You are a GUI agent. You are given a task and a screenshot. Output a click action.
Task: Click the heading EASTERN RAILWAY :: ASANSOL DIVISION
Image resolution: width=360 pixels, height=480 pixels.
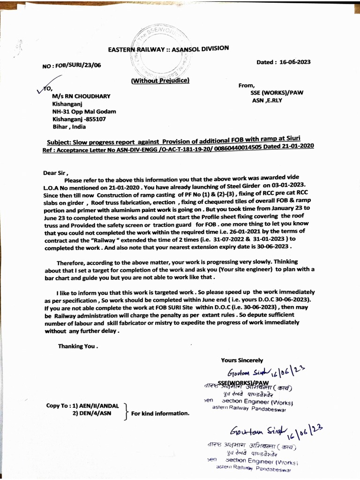(169, 49)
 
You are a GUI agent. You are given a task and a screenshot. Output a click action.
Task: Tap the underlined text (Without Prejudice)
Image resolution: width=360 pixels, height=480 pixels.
(160, 81)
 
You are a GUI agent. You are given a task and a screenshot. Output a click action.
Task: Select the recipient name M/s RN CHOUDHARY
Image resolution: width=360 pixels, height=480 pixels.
(81, 96)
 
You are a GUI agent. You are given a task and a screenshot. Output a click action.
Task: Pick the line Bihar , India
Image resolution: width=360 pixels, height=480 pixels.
(69, 127)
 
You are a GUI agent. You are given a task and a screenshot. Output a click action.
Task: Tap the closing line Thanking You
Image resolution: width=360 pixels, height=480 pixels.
(78, 346)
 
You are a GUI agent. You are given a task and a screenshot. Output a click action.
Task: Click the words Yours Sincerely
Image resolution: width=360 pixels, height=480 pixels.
(242, 360)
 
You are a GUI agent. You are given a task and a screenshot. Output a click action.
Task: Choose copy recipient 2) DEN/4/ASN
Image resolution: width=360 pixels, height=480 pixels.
(92, 413)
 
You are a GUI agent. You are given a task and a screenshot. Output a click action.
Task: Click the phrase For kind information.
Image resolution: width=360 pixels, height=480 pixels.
(160, 413)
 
